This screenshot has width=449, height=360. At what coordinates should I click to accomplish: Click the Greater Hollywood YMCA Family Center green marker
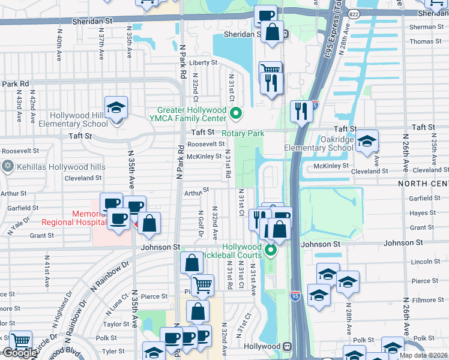(x=236, y=112)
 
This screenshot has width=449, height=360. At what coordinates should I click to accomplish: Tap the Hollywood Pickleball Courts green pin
(x=271, y=249)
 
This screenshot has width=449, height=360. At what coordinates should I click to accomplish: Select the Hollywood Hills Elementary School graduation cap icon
(x=116, y=109)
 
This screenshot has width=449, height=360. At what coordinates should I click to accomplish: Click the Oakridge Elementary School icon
(x=366, y=142)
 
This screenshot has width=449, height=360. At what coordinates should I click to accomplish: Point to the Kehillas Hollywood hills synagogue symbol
(x=7, y=166)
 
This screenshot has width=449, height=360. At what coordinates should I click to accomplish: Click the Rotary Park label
(x=243, y=133)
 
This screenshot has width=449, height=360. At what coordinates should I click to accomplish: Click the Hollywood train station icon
(x=288, y=347)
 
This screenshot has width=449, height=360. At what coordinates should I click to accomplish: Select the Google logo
(x=19, y=353)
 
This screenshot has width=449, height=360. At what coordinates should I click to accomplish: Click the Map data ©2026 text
(x=423, y=355)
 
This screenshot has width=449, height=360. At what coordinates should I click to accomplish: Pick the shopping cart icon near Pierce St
(x=203, y=285)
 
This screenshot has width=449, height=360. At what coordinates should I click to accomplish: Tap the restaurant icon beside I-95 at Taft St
(x=300, y=112)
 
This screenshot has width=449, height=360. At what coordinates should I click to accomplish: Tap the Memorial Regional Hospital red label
(x=66, y=218)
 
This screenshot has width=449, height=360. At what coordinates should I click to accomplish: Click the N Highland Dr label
(x=61, y=308)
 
